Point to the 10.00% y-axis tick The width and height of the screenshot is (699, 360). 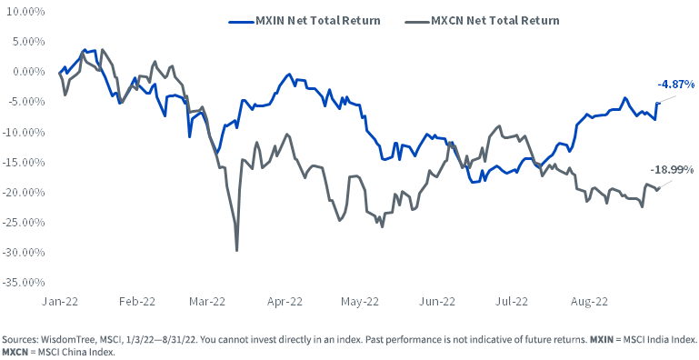[25, 11]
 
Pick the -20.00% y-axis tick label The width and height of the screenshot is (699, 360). [24, 192]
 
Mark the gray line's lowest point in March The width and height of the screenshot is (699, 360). [237, 250]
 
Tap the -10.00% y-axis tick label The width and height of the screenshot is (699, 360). [24, 132]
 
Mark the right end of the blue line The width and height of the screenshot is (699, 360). [658, 103]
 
